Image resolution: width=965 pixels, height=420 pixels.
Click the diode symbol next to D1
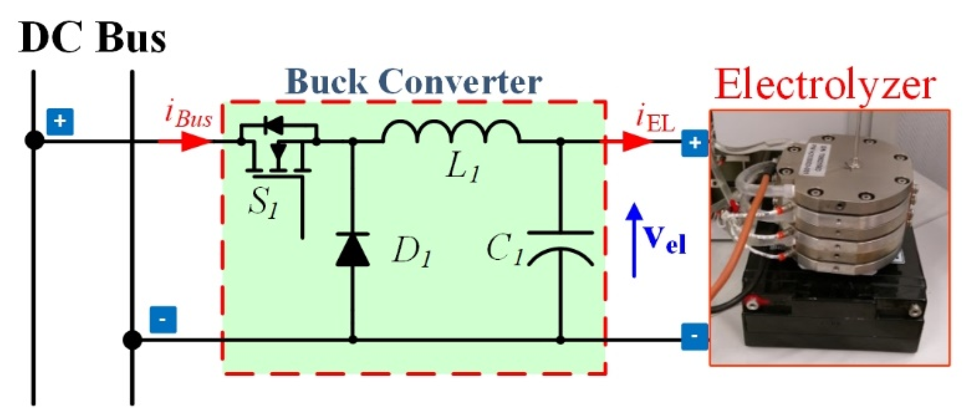(352, 249)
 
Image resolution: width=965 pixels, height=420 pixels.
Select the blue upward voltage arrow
(634, 240)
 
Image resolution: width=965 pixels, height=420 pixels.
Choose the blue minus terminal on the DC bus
(163, 320)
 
